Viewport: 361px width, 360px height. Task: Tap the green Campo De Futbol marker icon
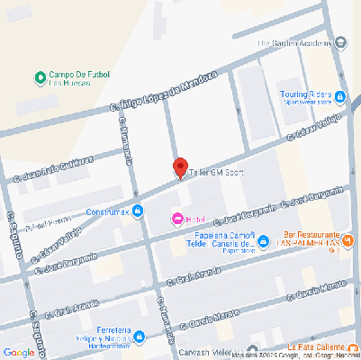click(40, 76)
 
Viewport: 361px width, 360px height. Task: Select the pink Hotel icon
click(177, 219)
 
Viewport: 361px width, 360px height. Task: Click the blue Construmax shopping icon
click(138, 211)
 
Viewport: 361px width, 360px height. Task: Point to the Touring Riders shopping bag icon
click(339, 96)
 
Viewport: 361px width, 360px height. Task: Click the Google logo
click(19, 351)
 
